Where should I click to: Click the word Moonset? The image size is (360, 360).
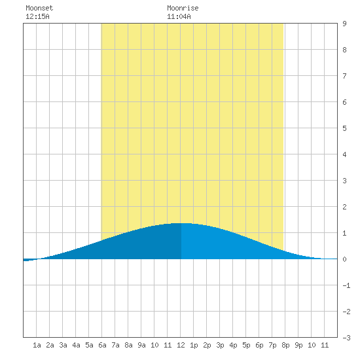(x=39, y=8)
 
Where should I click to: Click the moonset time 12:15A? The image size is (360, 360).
(x=37, y=16)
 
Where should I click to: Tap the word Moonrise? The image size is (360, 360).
(x=183, y=8)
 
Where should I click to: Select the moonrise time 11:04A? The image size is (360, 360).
(x=179, y=16)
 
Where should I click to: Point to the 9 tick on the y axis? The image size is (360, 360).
(x=344, y=24)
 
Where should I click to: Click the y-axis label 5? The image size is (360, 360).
(x=344, y=128)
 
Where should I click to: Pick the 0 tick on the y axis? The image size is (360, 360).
(x=344, y=259)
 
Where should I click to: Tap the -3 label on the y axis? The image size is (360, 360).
(x=346, y=338)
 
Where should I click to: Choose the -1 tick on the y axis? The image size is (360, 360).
(x=346, y=285)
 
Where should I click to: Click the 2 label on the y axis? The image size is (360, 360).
(x=344, y=207)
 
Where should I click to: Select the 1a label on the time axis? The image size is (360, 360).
(x=37, y=345)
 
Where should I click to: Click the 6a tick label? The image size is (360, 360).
(x=102, y=345)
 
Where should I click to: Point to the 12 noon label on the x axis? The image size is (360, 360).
(x=181, y=345)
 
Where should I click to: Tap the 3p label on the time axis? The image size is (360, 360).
(x=220, y=345)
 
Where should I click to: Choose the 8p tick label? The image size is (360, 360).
(x=285, y=345)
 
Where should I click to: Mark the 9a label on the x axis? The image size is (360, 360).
(x=141, y=345)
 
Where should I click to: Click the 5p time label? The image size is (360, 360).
(x=246, y=345)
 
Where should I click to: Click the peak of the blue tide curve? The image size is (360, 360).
(x=181, y=223)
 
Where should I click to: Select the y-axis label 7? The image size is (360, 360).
(x=344, y=76)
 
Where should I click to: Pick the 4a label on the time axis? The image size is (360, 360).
(x=76, y=345)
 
